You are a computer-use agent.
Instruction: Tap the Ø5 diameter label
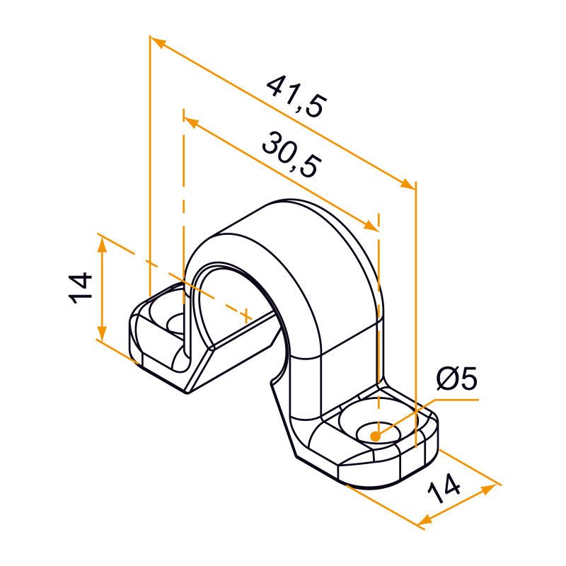click(x=456, y=380)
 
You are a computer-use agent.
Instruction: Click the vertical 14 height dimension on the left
click(x=82, y=287)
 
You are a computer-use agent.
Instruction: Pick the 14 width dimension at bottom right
click(x=445, y=489)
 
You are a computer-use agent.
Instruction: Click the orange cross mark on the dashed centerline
click(x=246, y=313)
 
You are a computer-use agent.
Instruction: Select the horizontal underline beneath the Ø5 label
click(x=453, y=399)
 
